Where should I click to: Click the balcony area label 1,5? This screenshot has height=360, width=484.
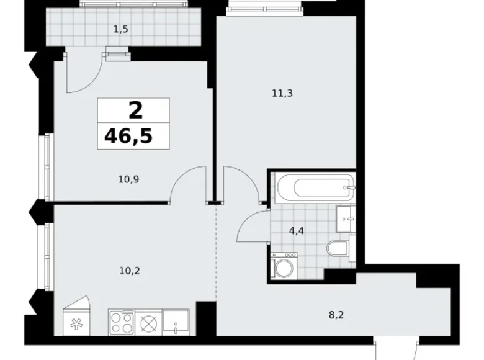121,29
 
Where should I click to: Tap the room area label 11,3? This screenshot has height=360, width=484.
282,93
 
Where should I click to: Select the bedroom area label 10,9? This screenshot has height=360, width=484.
128,179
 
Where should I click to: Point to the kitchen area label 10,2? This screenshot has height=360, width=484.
130,271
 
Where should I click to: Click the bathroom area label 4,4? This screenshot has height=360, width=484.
297,231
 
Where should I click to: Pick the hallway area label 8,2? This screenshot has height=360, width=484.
336,315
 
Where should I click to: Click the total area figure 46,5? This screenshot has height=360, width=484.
128,136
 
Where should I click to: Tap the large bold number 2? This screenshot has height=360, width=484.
135,110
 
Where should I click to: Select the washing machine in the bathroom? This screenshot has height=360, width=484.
284,266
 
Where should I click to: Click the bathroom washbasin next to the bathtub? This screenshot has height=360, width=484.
346,219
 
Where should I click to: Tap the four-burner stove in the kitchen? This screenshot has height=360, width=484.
122,322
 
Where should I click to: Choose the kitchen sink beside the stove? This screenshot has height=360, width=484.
176,323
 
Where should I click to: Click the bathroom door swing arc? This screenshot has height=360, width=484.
247,223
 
